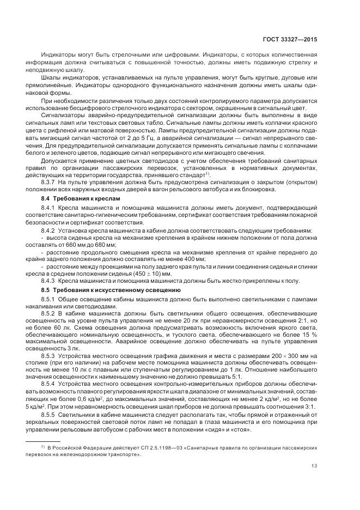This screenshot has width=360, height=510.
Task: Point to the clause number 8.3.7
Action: click(x=50, y=184)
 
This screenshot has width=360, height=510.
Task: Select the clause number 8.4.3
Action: click(x=50, y=280)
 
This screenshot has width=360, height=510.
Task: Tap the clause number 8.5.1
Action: click(x=50, y=300)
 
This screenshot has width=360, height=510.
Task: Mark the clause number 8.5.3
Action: click(x=50, y=355)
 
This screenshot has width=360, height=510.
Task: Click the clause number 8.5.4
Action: click(x=50, y=384)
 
